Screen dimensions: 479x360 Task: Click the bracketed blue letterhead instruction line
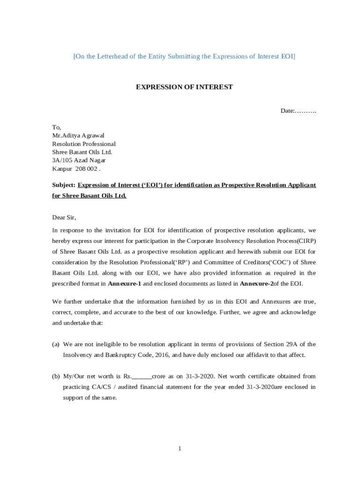pyautogui.click(x=184, y=56)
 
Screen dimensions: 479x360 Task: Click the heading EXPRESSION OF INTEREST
pyautogui.click(x=184, y=87)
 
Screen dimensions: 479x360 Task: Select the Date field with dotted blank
pyautogui.click(x=298, y=111)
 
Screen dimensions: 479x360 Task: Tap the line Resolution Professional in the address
pyautogui.click(x=84, y=144)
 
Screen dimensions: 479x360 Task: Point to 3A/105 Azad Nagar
pyautogui.click(x=79, y=160)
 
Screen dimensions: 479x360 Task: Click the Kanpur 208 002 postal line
pyautogui.click(x=76, y=169)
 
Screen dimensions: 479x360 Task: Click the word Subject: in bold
pyautogui.click(x=64, y=185)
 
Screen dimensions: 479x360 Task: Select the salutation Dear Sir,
pyautogui.click(x=64, y=218)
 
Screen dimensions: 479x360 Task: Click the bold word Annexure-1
pyautogui.click(x=124, y=284)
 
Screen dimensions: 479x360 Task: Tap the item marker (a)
pyautogui.click(x=56, y=344)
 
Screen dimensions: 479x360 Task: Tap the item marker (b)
pyautogui.click(x=56, y=376)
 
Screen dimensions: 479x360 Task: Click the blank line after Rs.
pyautogui.click(x=142, y=377)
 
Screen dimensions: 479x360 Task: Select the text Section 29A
pyautogui.click(x=279, y=344)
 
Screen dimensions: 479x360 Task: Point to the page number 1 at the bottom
pyautogui.click(x=179, y=449)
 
